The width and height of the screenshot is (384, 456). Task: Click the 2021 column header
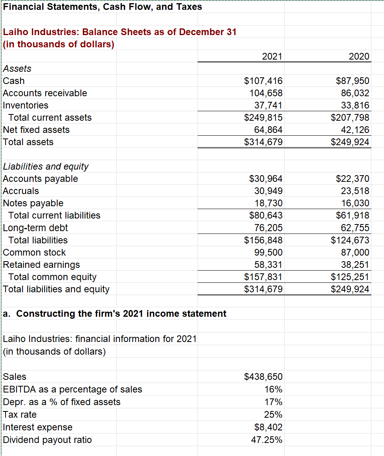(x=272, y=56)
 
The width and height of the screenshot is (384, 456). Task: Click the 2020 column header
(x=359, y=56)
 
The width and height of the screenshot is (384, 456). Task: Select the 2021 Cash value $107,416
(x=263, y=81)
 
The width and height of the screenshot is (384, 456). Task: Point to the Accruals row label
(x=21, y=191)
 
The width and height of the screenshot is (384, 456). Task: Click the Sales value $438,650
(x=263, y=377)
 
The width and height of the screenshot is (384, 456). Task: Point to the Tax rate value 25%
(x=273, y=415)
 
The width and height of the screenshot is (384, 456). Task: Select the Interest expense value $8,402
(x=268, y=427)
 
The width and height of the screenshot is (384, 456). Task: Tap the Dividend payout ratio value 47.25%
(x=267, y=440)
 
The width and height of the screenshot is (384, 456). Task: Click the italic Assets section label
(x=17, y=69)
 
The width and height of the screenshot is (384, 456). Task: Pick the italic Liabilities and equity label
(x=46, y=166)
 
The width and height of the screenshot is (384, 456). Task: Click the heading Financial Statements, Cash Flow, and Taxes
(x=103, y=7)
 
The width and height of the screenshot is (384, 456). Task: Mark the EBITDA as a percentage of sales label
(x=73, y=389)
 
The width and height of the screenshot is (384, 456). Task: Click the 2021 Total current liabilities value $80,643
(x=266, y=215)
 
